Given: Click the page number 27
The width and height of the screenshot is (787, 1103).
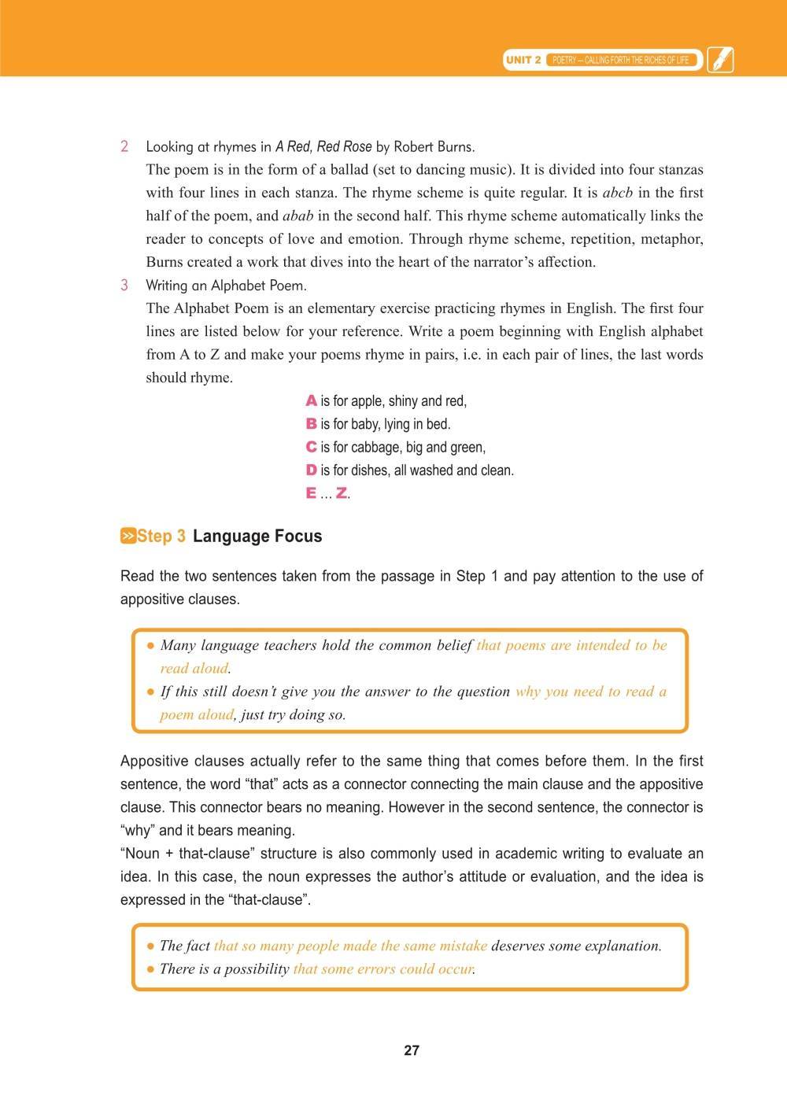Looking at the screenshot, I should coord(411,1050).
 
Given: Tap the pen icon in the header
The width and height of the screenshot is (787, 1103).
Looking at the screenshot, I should coord(720,60).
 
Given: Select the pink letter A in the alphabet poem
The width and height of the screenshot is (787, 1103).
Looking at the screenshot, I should coord(311,401).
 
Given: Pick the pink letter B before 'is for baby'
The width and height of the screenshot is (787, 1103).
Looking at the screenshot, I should coord(311,424).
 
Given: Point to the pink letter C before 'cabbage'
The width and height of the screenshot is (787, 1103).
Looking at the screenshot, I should coord(311,447).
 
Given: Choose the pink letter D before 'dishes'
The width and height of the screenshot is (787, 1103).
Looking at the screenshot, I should coord(311,470).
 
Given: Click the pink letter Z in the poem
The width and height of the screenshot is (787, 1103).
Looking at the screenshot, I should coord(342,493).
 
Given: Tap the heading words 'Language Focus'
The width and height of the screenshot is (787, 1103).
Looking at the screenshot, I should coord(257,537).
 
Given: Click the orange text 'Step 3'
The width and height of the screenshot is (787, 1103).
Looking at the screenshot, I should coord(161,537).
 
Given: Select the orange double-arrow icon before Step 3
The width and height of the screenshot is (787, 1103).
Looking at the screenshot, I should coord(127,537).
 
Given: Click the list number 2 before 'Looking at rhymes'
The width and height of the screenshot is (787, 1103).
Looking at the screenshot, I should coord(124,146).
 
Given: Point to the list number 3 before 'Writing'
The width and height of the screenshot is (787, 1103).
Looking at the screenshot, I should coord(124,285).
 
